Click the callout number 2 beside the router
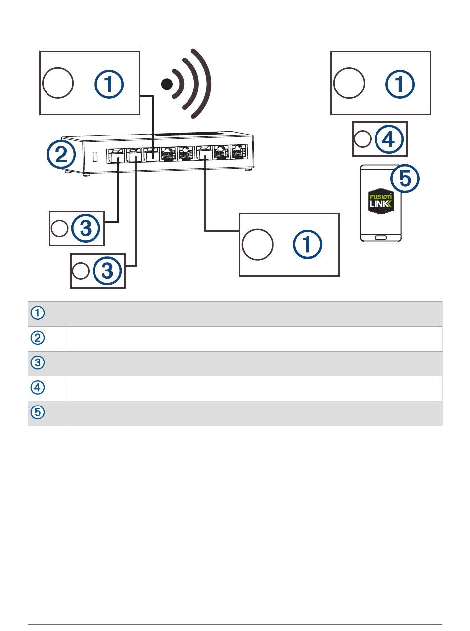point(61,155)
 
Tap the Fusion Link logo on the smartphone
point(380,207)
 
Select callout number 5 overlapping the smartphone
point(405,179)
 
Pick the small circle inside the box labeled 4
point(363,140)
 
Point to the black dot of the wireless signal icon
point(168,84)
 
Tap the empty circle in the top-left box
point(58,84)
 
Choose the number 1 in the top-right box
point(400,84)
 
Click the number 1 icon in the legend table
point(38,313)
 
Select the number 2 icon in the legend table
point(38,338)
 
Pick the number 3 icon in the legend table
point(38,363)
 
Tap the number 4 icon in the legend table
point(38,388)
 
